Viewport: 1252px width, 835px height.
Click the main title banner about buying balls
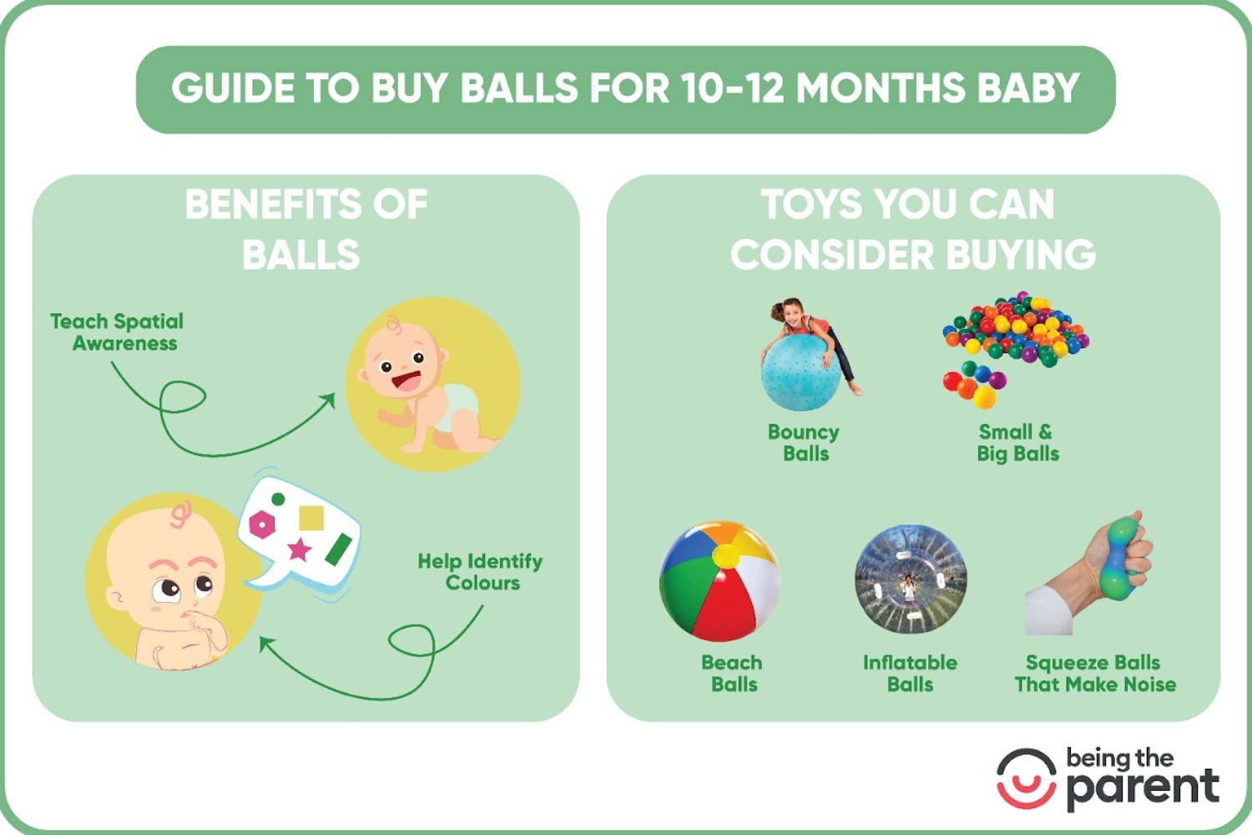pyautogui.click(x=625, y=89)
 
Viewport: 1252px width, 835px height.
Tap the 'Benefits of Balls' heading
pyautogui.click(x=305, y=229)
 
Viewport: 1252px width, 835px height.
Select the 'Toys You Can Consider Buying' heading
pyautogui.click(x=912, y=229)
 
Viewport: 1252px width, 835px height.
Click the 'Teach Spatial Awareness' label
pyautogui.click(x=117, y=331)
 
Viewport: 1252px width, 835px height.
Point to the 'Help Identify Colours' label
pyautogui.click(x=480, y=571)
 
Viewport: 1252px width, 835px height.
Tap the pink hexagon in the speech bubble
pyautogui.click(x=262, y=524)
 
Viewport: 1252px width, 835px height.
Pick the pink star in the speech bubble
pyautogui.click(x=299, y=549)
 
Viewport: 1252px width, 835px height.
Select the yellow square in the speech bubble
pyautogui.click(x=311, y=518)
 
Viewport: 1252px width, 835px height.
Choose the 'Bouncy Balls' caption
pyautogui.click(x=804, y=443)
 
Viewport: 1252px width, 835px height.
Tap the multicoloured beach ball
pyautogui.click(x=719, y=581)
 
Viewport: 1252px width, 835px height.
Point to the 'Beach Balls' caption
pyautogui.click(x=732, y=673)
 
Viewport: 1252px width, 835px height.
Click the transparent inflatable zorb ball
pyautogui.click(x=910, y=579)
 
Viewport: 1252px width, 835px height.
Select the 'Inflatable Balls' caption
pyautogui.click(x=910, y=673)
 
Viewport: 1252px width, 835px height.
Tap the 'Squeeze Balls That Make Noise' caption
pyautogui.click(x=1094, y=673)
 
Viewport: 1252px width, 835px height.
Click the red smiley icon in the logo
pyautogui.click(x=1026, y=778)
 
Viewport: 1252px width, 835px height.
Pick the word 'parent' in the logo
pyautogui.click(x=1142, y=787)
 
